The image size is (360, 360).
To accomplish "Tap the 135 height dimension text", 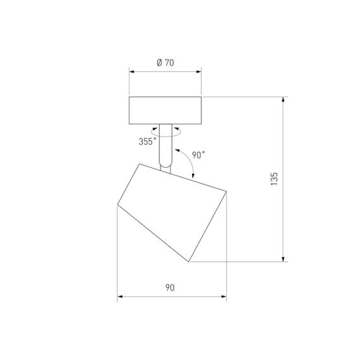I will click(274, 179).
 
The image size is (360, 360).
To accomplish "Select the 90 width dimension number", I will click(170, 288).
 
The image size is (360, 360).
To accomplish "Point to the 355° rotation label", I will click(147, 141).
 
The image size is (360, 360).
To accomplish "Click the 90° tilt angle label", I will click(200, 154).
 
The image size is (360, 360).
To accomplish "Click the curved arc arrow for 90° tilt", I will click(188, 161).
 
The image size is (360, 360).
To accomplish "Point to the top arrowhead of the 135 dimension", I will click(284, 99).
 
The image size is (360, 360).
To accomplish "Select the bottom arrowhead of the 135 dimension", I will click(284, 258).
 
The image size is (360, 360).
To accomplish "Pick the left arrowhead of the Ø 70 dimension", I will click(132, 71).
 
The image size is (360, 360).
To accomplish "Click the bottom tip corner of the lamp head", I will click(189, 261).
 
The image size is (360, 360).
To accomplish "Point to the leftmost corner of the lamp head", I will click(117, 203).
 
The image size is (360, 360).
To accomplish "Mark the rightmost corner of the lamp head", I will click(225, 191).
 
